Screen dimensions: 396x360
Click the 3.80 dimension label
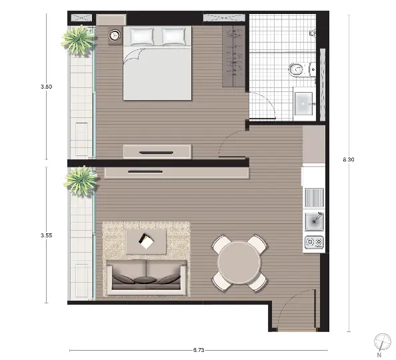click(46, 87)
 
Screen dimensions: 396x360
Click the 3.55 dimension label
click(46, 235)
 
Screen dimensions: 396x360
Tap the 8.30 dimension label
click(349, 159)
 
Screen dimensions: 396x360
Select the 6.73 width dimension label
click(199, 350)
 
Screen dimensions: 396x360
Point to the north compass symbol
click(383, 342)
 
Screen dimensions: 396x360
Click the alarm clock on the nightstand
click(115, 35)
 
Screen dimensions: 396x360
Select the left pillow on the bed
click(142, 36)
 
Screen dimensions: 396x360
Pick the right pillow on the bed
click(173, 36)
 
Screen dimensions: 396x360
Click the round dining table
click(239, 263)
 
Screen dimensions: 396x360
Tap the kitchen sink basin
click(314, 221)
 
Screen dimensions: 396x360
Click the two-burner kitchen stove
click(314, 242)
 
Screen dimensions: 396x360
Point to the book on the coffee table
click(146, 241)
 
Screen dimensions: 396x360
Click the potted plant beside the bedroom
click(79, 41)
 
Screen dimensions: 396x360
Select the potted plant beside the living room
click(81, 181)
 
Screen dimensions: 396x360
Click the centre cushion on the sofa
click(145, 279)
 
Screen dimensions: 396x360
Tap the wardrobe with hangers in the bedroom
click(233, 56)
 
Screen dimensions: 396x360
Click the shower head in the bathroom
click(313, 33)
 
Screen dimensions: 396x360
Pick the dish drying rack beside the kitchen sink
click(314, 198)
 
